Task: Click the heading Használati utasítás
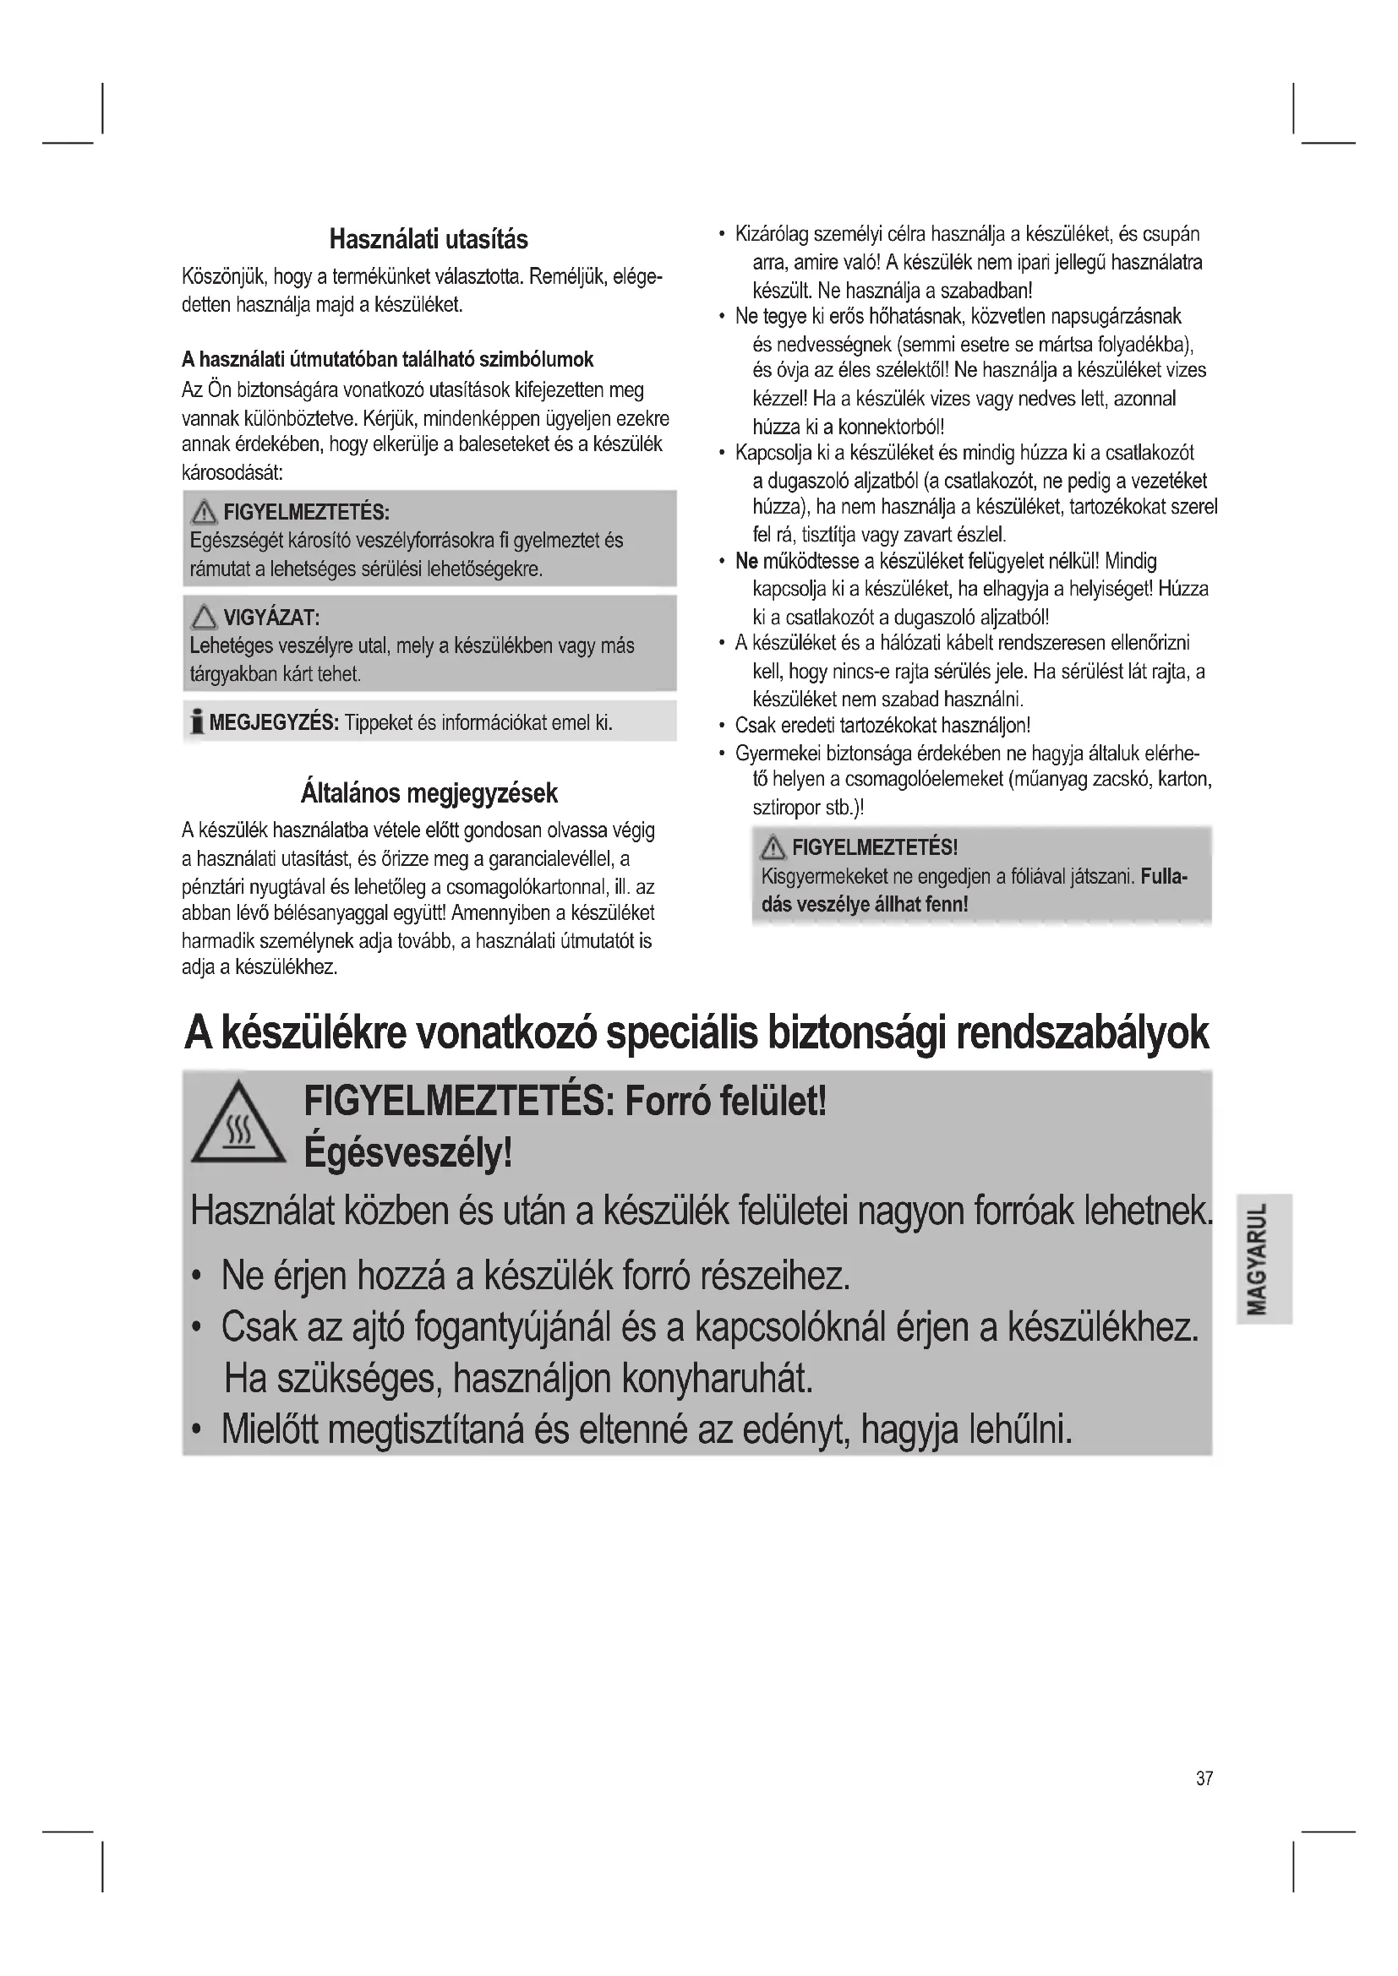click(429, 239)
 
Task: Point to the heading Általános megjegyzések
click(429, 792)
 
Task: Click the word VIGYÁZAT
click(270, 617)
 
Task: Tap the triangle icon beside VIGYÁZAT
click(204, 617)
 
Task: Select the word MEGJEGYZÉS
click(273, 722)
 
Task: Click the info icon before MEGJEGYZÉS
click(197, 722)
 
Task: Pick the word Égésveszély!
click(408, 1153)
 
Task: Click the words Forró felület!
click(726, 1101)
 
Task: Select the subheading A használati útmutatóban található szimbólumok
click(387, 359)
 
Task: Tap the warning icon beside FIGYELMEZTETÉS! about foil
click(773, 848)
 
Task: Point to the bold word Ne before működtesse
click(746, 562)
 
